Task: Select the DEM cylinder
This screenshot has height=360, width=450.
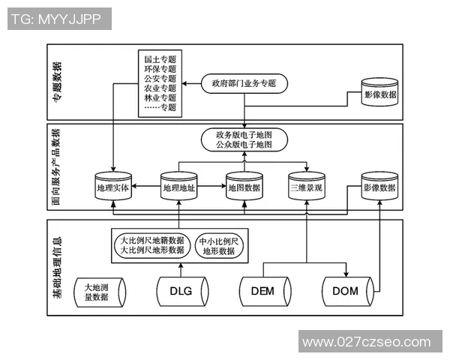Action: click(x=265, y=292)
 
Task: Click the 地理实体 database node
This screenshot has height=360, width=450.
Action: click(x=113, y=187)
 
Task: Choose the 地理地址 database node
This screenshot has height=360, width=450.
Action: click(x=179, y=187)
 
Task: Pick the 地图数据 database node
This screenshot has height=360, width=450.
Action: click(x=244, y=187)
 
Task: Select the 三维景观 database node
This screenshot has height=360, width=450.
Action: click(x=307, y=187)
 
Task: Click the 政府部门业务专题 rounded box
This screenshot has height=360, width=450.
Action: click(x=244, y=83)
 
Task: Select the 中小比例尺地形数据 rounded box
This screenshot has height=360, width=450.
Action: click(x=219, y=246)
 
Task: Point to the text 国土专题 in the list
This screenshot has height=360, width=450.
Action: click(x=160, y=58)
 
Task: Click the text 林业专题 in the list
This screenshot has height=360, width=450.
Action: click(x=160, y=97)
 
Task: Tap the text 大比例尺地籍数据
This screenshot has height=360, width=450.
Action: click(x=152, y=240)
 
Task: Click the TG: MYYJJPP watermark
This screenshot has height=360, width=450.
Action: click(x=57, y=19)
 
